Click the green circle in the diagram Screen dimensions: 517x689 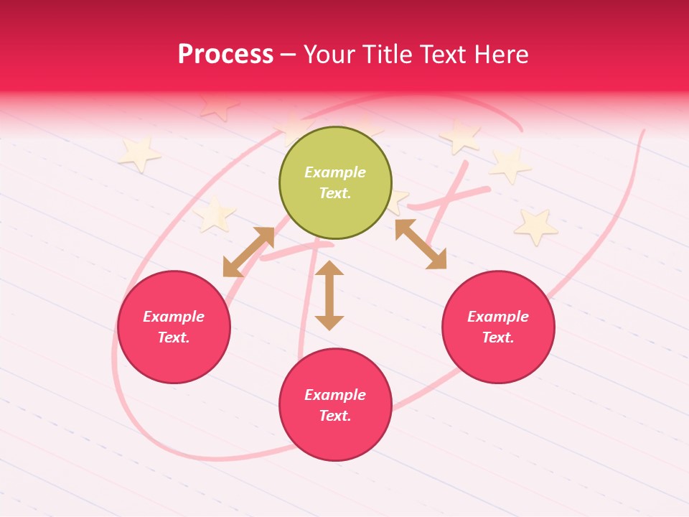[x=335, y=182]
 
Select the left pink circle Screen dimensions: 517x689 [x=174, y=327]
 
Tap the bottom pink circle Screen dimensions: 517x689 [x=335, y=405]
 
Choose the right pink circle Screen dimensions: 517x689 [x=498, y=327]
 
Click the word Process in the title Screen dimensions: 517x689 [x=225, y=54]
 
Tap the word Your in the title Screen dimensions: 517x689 [x=329, y=54]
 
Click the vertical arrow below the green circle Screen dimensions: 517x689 [x=329, y=295]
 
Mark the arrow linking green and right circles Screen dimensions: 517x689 [x=421, y=243]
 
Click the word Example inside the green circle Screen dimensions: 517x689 [x=335, y=172]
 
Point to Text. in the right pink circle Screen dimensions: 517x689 [x=498, y=337]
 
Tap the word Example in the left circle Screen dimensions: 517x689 [x=174, y=317]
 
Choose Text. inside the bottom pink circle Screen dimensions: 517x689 [x=335, y=416]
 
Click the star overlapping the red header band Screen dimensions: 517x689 [x=218, y=105]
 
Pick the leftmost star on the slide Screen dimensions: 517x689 [x=139, y=153]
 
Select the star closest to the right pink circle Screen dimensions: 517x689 [x=535, y=226]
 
